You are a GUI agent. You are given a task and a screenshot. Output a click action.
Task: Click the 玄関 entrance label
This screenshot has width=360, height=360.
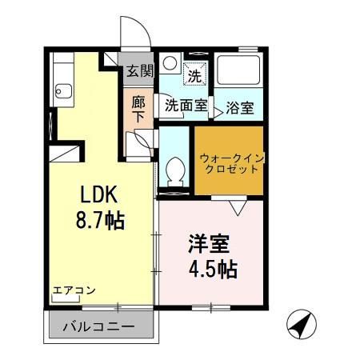click(139, 70)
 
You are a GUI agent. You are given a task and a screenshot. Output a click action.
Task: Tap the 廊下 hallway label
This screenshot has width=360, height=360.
click(139, 110)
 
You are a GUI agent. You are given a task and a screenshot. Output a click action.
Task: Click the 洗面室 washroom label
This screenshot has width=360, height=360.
click(186, 104)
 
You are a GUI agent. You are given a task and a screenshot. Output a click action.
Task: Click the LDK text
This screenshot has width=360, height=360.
click(97, 195)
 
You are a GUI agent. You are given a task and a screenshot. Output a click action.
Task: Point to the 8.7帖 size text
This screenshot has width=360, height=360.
click(99, 218)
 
